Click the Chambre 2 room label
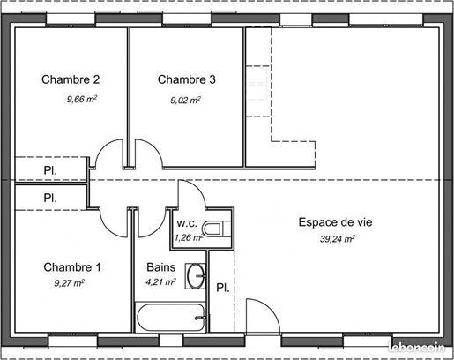click(x=71, y=79)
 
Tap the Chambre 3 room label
click(x=187, y=79)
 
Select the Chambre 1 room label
click(x=72, y=267)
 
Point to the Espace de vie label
click(x=335, y=222)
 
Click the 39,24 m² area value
click(x=338, y=239)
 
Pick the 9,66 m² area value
click(x=82, y=99)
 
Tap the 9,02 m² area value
click(x=185, y=101)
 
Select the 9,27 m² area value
click(x=70, y=283)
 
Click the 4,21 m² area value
click(x=160, y=282)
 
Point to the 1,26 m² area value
click(x=189, y=237)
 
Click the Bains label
click(x=161, y=267)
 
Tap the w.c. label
click(x=187, y=223)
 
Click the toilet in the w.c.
click(x=217, y=229)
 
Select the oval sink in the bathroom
click(x=196, y=276)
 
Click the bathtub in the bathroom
click(x=170, y=318)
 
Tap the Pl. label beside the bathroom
click(x=223, y=288)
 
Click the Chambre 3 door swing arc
click(x=154, y=148)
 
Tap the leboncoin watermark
click(x=416, y=348)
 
